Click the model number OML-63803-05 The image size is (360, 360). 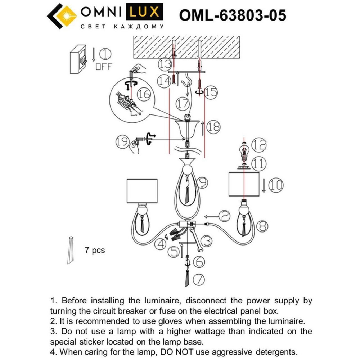(x=233, y=15)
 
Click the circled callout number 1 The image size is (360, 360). (x=105, y=54)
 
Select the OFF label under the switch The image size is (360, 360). (x=104, y=67)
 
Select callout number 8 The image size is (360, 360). (x=262, y=226)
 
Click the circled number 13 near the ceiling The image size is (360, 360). (x=165, y=65)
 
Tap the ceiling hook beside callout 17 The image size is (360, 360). (x=186, y=85)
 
